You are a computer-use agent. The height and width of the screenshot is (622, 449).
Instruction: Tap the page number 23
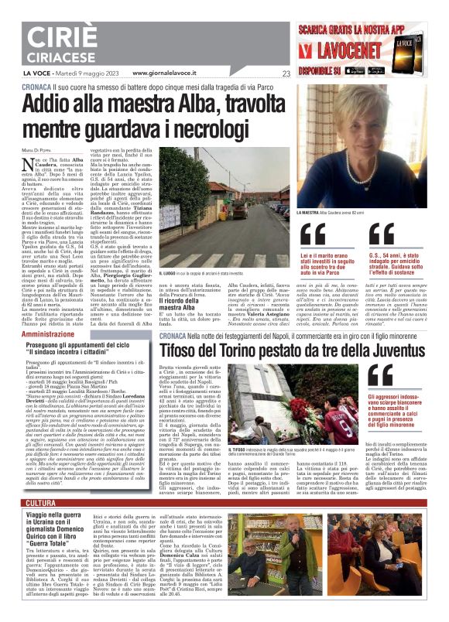[286, 74]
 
